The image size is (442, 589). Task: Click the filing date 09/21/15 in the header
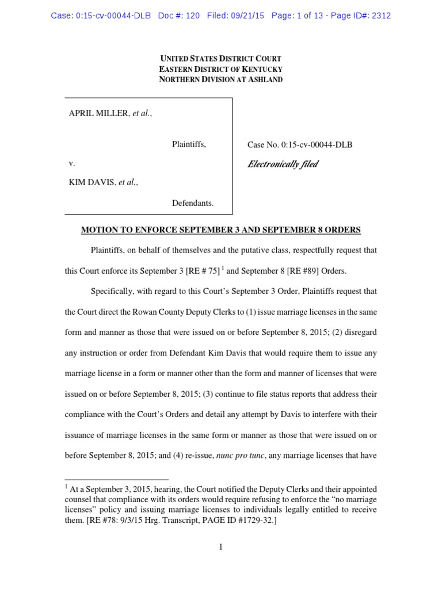[x=249, y=16]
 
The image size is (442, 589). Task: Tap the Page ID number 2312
[x=381, y=16]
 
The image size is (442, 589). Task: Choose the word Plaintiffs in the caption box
[x=189, y=144]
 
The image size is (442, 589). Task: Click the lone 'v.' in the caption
[x=72, y=163]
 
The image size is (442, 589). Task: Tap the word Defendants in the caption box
[x=193, y=202]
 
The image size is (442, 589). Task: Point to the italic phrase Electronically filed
[x=283, y=165]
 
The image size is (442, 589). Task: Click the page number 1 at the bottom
[x=221, y=547]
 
